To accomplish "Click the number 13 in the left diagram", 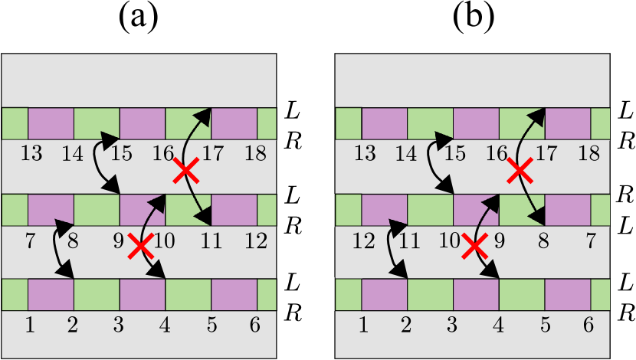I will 31,153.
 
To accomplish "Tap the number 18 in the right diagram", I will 588,153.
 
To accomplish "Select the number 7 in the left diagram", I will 30,241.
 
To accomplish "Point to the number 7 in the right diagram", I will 590,241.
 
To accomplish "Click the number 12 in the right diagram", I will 363,241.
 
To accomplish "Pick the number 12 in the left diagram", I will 256,241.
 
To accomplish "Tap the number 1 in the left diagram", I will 30,325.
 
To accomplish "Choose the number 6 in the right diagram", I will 588,325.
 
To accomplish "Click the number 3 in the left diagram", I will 118,325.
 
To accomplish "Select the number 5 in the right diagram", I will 545,325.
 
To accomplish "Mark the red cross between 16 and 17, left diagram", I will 186,170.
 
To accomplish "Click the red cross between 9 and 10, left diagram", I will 140,246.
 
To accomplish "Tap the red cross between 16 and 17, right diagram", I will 520,170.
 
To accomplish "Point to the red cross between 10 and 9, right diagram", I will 474,246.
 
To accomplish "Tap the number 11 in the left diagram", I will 211,241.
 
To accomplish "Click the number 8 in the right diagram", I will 543,241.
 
